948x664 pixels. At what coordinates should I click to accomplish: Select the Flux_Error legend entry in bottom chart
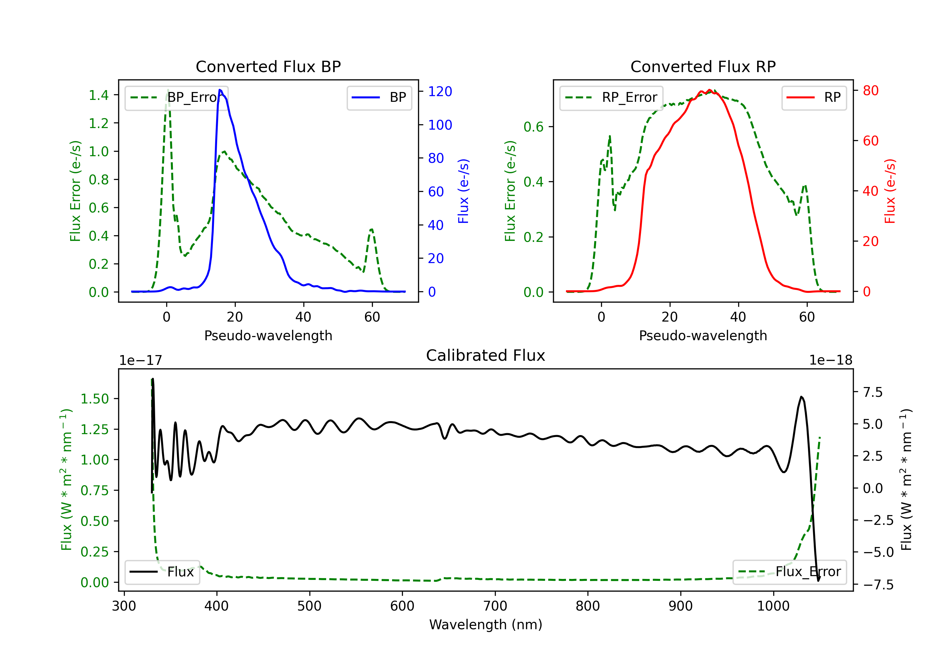789,572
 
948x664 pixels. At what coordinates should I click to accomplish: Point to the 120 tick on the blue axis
440,91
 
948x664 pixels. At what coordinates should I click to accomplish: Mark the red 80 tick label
870,90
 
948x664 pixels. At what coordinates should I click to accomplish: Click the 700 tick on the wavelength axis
495,606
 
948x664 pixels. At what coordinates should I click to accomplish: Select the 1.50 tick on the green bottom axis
94,399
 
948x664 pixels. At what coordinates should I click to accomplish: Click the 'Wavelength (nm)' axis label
486,624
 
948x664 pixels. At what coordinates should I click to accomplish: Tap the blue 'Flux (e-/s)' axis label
463,191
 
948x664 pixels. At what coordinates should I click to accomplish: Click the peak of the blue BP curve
220,90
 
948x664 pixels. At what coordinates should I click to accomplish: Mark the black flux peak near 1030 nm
801,397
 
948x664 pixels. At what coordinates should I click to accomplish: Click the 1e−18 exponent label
830,360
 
